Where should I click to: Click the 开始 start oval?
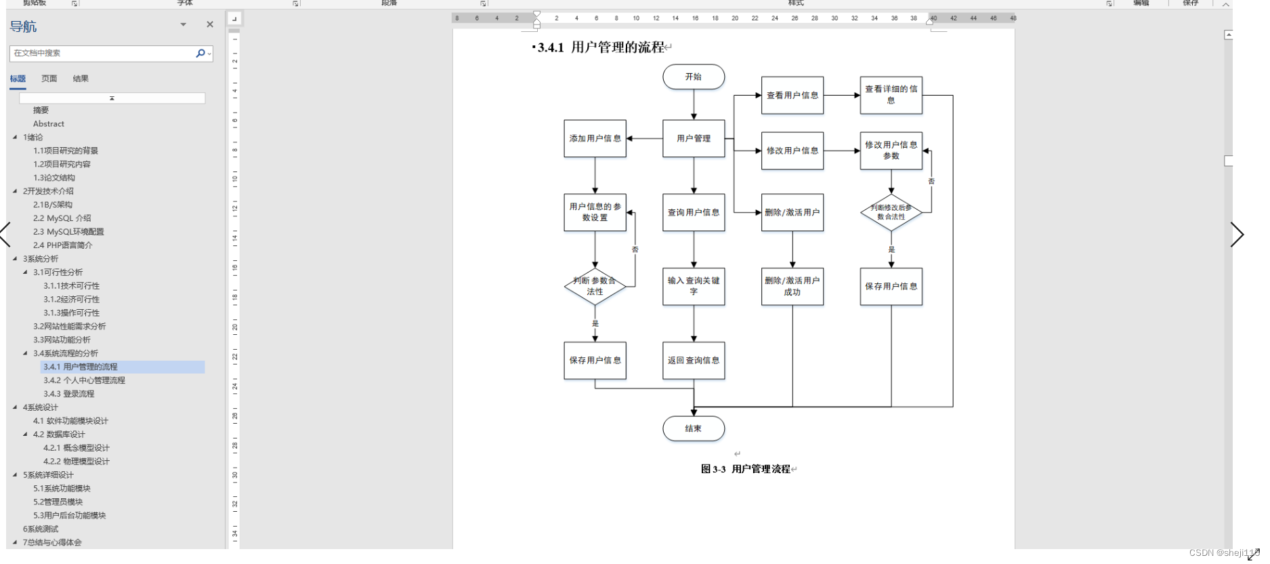pyautogui.click(x=693, y=77)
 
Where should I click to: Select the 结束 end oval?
pyautogui.click(x=693, y=428)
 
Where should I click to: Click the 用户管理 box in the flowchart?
pyautogui.click(x=693, y=138)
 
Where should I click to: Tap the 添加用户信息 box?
pyautogui.click(x=595, y=138)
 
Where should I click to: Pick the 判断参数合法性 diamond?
pyautogui.click(x=595, y=286)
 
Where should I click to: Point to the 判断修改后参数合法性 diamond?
pyautogui.click(x=891, y=212)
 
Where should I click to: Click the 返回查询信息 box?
pyautogui.click(x=693, y=361)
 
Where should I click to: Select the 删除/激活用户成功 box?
pyautogui.click(x=792, y=286)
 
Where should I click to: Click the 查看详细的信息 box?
pyautogui.click(x=891, y=95)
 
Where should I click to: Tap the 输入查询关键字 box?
pyautogui.click(x=693, y=286)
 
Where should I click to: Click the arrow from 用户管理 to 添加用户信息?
pyautogui.click(x=644, y=138)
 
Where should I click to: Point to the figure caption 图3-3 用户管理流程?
pyautogui.click(x=745, y=469)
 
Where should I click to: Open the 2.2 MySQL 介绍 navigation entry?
pyautogui.click(x=62, y=218)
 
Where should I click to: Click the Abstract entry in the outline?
pyautogui.click(x=49, y=124)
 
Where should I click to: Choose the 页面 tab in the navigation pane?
pyautogui.click(x=49, y=79)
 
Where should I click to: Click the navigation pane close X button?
pyautogui.click(x=210, y=24)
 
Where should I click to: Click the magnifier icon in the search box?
pyautogui.click(x=200, y=53)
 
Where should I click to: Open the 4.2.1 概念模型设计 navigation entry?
pyautogui.click(x=76, y=448)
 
